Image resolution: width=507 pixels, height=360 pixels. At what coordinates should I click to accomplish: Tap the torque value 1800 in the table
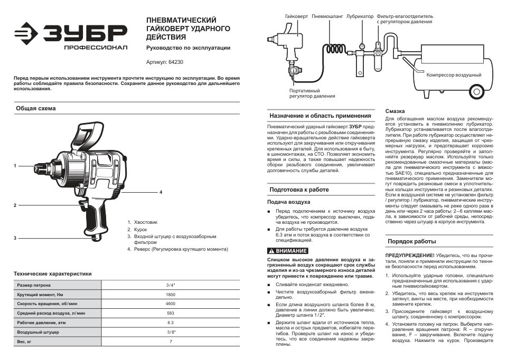point(170,294)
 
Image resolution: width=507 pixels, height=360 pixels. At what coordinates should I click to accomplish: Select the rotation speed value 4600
point(170,304)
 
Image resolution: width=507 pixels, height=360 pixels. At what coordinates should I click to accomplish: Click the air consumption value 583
point(170,313)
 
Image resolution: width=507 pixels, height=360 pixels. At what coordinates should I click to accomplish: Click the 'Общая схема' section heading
point(35,108)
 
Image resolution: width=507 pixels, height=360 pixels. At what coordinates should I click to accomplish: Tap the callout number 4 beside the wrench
point(161,192)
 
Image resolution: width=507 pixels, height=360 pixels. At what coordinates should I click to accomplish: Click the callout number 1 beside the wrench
point(15,166)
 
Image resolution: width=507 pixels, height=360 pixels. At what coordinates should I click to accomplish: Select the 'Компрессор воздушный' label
point(454,75)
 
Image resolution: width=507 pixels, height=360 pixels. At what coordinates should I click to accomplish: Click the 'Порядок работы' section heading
point(412,241)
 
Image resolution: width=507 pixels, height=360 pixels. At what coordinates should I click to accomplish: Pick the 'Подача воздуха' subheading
point(288,202)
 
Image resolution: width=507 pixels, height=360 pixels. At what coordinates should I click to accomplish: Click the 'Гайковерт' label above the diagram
point(296,16)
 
